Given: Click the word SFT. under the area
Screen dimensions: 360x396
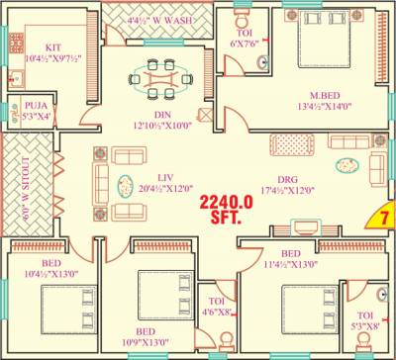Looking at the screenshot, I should click(x=227, y=221).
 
